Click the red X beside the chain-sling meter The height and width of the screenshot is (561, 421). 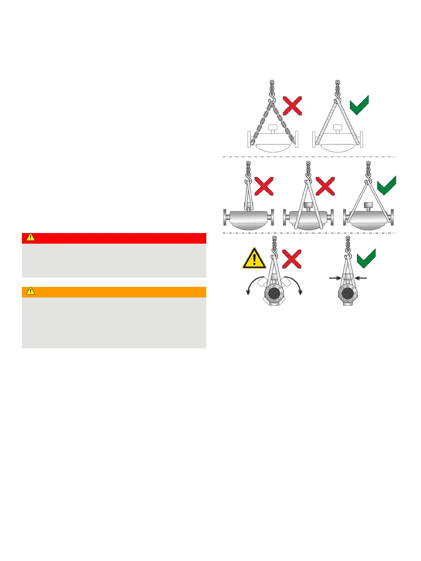click(292, 106)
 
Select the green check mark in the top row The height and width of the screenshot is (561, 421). click(359, 105)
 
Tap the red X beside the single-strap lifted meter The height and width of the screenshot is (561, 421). click(264, 186)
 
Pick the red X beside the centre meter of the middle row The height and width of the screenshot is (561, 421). click(325, 186)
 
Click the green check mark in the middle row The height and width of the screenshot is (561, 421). click(386, 185)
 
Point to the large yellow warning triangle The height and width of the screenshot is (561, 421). click(254, 259)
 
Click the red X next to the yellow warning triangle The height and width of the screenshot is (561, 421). click(292, 259)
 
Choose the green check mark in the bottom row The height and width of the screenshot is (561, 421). click(366, 258)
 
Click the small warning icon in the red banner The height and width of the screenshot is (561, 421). click(31, 237)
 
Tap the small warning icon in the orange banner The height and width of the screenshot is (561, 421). click(31, 291)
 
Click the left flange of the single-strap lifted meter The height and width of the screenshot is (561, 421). click(225, 217)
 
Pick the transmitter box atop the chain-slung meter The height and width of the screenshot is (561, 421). click(272, 128)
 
